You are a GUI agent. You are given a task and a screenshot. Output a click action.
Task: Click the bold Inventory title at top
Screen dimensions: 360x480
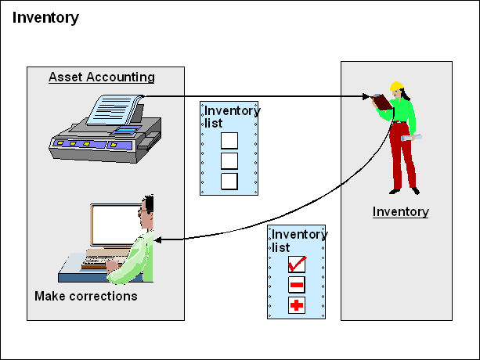45,17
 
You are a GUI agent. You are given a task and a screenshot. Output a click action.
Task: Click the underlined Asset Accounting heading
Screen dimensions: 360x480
101,77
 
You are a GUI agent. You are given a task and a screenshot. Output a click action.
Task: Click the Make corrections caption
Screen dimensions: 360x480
85,296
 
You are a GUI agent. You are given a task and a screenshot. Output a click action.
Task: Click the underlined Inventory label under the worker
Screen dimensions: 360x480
400,211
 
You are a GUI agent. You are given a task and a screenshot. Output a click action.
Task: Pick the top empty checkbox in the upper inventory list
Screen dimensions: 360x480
229,141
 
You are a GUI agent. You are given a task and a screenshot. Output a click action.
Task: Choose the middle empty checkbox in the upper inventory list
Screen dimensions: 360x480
229,161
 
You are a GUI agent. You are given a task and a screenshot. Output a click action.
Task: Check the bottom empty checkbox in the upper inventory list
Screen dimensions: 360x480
229,182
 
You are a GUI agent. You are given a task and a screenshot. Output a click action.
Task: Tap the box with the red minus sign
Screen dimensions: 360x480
296,284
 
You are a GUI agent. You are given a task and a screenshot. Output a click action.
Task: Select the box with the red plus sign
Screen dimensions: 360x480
296,305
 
